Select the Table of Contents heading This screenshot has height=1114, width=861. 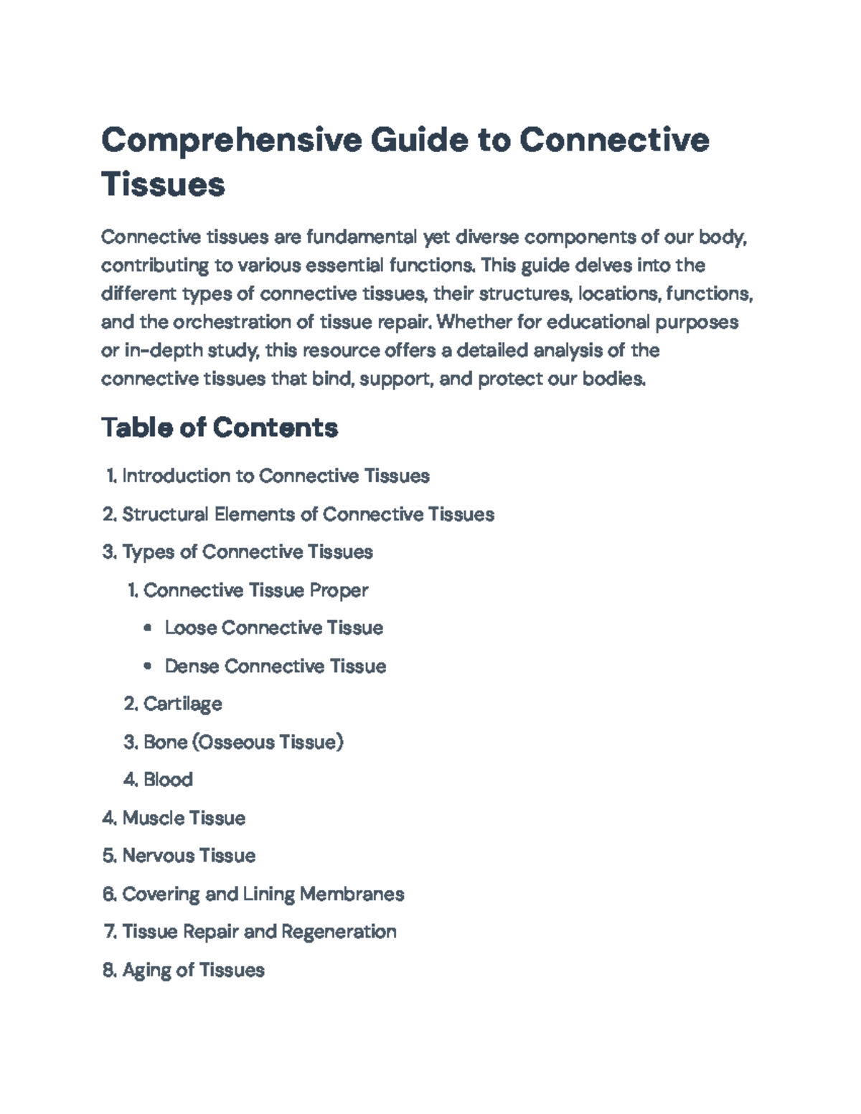coord(220,428)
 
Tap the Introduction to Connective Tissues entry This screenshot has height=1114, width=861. coord(276,476)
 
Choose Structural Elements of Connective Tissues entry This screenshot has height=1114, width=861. coord(308,514)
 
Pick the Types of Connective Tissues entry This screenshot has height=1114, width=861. coord(248,552)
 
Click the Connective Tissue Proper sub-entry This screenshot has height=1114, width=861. coord(255,590)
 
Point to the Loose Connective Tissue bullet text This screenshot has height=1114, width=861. coord(273,628)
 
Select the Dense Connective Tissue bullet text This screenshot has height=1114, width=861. coord(276,666)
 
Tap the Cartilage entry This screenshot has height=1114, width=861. coord(182,704)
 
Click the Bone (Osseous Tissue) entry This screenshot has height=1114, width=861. coord(243,742)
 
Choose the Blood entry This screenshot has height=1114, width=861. coord(168,780)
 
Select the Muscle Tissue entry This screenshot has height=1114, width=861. coord(184,818)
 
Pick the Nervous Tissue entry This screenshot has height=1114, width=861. coord(189,856)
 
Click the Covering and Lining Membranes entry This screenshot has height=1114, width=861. coord(263,894)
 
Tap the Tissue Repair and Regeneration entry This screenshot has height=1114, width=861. coord(259,932)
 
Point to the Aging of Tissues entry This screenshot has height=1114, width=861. coord(193,970)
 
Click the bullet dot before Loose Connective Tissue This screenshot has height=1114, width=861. coord(148,628)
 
